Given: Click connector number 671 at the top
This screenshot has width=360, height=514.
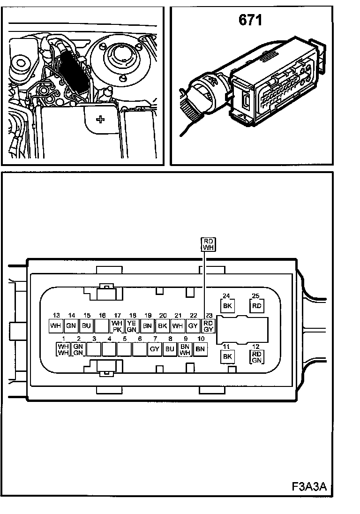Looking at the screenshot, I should (x=251, y=21).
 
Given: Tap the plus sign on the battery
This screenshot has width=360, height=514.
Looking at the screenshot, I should (x=100, y=119).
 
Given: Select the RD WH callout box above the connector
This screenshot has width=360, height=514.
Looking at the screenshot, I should (x=208, y=244).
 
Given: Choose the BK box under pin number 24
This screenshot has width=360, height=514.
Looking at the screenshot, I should (x=227, y=306).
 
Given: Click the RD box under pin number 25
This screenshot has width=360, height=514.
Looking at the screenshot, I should (x=256, y=306).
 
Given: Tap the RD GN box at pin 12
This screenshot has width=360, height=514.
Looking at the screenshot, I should (x=256, y=357).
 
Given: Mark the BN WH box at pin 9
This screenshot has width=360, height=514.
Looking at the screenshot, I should (x=185, y=349).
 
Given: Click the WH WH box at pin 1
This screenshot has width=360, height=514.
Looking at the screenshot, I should (x=63, y=349).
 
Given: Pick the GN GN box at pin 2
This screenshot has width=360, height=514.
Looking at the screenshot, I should (x=78, y=349).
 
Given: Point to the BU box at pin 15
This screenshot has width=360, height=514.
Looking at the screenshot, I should (x=86, y=325).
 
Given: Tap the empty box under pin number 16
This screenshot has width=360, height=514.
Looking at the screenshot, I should (x=102, y=325).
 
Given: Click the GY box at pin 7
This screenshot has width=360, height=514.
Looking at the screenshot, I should (x=155, y=349).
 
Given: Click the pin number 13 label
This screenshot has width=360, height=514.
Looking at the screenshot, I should (x=56, y=315).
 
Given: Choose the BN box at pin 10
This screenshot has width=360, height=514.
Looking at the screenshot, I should (x=201, y=349).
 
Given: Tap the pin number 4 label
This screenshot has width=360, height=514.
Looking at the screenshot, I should (x=109, y=339).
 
